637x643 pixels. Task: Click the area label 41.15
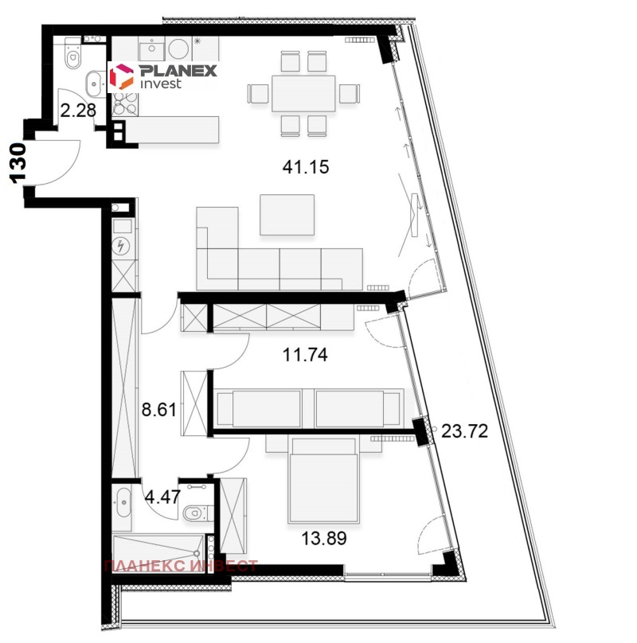coord(306,167)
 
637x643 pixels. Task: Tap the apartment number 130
coord(18,162)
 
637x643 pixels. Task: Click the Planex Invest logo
coord(162,76)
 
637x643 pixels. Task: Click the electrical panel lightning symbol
coord(122,247)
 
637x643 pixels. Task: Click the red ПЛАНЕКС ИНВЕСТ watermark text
coord(182,567)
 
